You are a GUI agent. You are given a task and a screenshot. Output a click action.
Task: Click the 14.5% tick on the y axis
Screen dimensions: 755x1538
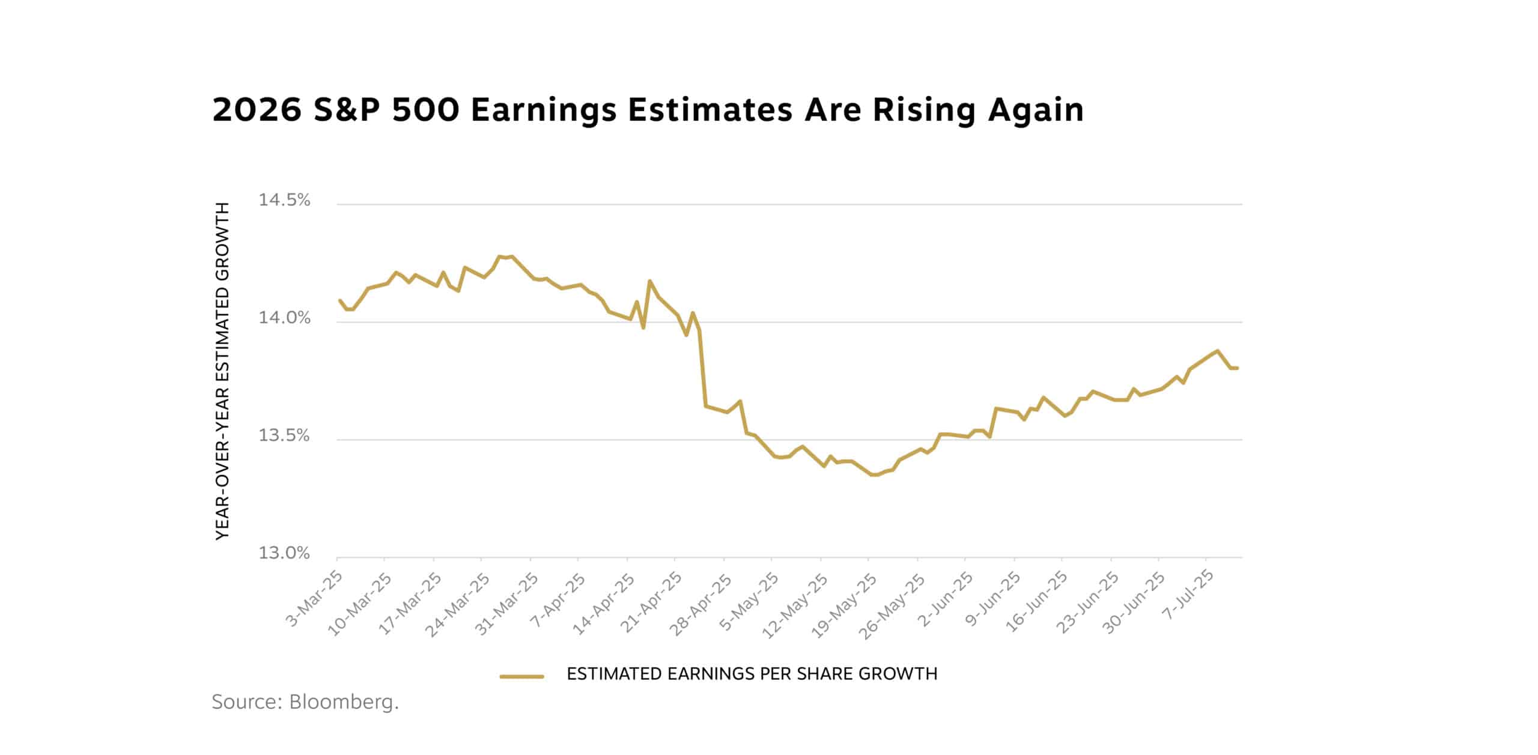tap(284, 200)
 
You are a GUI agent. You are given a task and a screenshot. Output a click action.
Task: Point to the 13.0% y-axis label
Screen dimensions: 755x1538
tap(284, 553)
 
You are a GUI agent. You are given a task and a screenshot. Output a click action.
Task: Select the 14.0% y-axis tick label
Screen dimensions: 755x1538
tap(284, 318)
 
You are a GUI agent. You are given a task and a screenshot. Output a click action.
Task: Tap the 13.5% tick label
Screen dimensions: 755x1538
tap(284, 435)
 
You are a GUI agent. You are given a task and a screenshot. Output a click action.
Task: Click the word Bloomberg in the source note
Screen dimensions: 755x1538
tap(344, 702)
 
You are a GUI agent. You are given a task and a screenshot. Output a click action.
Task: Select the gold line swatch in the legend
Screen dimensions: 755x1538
tap(521, 676)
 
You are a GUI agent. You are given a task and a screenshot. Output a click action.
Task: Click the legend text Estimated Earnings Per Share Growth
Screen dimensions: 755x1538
tap(752, 674)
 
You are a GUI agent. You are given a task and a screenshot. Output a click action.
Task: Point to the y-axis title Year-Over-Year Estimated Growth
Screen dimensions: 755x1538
tap(223, 371)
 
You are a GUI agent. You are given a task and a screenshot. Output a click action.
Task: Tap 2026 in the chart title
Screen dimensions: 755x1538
tap(257, 110)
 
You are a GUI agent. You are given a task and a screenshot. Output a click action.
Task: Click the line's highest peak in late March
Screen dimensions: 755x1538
tap(511, 256)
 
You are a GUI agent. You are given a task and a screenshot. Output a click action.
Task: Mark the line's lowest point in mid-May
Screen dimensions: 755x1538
tap(874, 475)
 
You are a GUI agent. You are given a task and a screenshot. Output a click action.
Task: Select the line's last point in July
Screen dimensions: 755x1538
tap(1238, 368)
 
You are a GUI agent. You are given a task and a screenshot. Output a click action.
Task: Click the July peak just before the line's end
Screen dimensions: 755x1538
tap(1217, 350)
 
